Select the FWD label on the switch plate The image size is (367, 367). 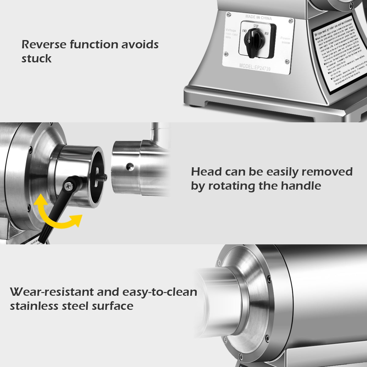245,31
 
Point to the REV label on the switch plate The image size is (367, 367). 266,33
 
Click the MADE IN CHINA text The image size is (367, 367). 258,18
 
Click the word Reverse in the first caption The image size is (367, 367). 44,45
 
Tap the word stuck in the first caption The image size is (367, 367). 36,59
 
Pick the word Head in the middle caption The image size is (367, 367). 206,172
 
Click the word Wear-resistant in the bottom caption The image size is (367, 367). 52,292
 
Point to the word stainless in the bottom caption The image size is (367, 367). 34,306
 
